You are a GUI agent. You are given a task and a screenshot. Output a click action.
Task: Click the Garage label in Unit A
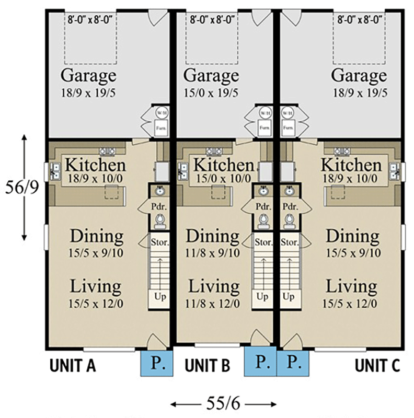click(89, 75)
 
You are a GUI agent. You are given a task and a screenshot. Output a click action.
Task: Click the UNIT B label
click(208, 366)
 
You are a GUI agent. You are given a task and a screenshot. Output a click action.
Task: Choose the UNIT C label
click(377, 366)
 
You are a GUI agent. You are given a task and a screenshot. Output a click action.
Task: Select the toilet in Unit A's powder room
click(160, 221)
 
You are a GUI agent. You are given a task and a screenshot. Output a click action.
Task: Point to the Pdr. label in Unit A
click(160, 206)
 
